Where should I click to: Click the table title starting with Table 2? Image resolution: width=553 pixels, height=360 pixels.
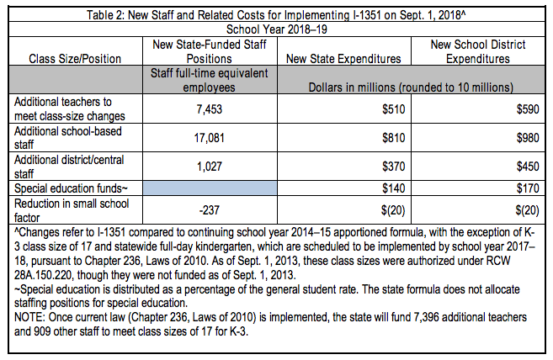(x=276, y=12)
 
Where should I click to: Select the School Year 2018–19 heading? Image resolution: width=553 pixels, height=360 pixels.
(x=276, y=27)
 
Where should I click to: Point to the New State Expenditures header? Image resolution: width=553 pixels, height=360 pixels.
(x=343, y=59)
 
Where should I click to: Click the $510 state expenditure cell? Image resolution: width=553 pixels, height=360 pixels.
(x=389, y=108)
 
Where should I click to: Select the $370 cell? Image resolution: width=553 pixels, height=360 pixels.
(x=389, y=166)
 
